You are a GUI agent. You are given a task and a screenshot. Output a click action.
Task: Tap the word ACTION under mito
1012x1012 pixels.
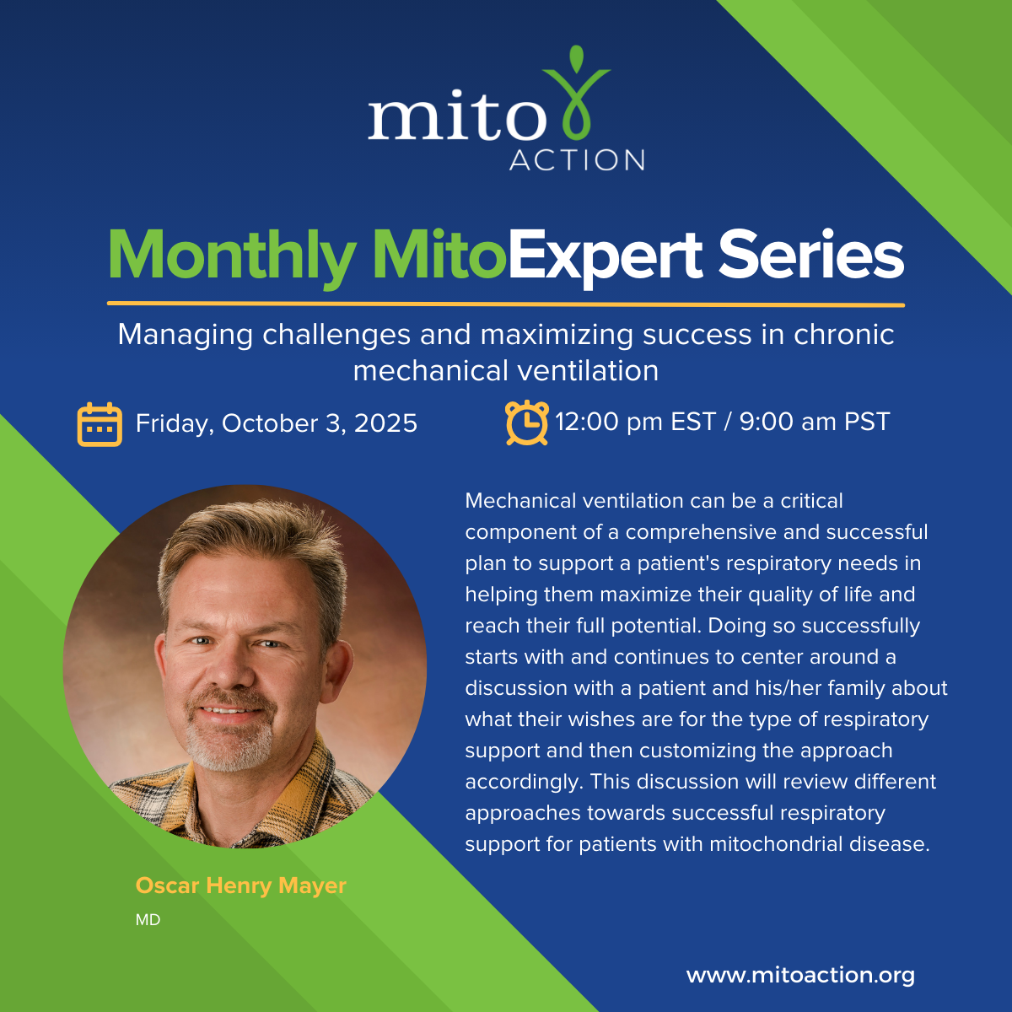(577, 160)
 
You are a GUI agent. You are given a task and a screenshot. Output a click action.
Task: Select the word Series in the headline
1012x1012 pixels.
(810, 256)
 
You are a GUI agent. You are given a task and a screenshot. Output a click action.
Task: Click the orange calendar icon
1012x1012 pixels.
(100, 423)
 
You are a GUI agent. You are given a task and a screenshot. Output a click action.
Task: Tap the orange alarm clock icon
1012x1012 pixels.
(526, 422)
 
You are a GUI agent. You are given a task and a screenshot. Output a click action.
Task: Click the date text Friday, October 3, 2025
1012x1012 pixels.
(277, 423)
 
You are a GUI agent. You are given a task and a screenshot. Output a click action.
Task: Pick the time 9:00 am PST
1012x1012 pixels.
(815, 422)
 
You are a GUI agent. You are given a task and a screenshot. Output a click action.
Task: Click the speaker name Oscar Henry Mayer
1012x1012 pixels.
(241, 886)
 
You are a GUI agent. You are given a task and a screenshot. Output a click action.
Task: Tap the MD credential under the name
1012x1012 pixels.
(148, 920)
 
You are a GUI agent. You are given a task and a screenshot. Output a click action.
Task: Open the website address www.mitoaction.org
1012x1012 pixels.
(800, 976)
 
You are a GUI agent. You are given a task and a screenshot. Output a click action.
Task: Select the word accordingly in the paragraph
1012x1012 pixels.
(522, 782)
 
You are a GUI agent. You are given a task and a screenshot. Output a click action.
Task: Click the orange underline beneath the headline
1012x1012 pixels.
(506, 304)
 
